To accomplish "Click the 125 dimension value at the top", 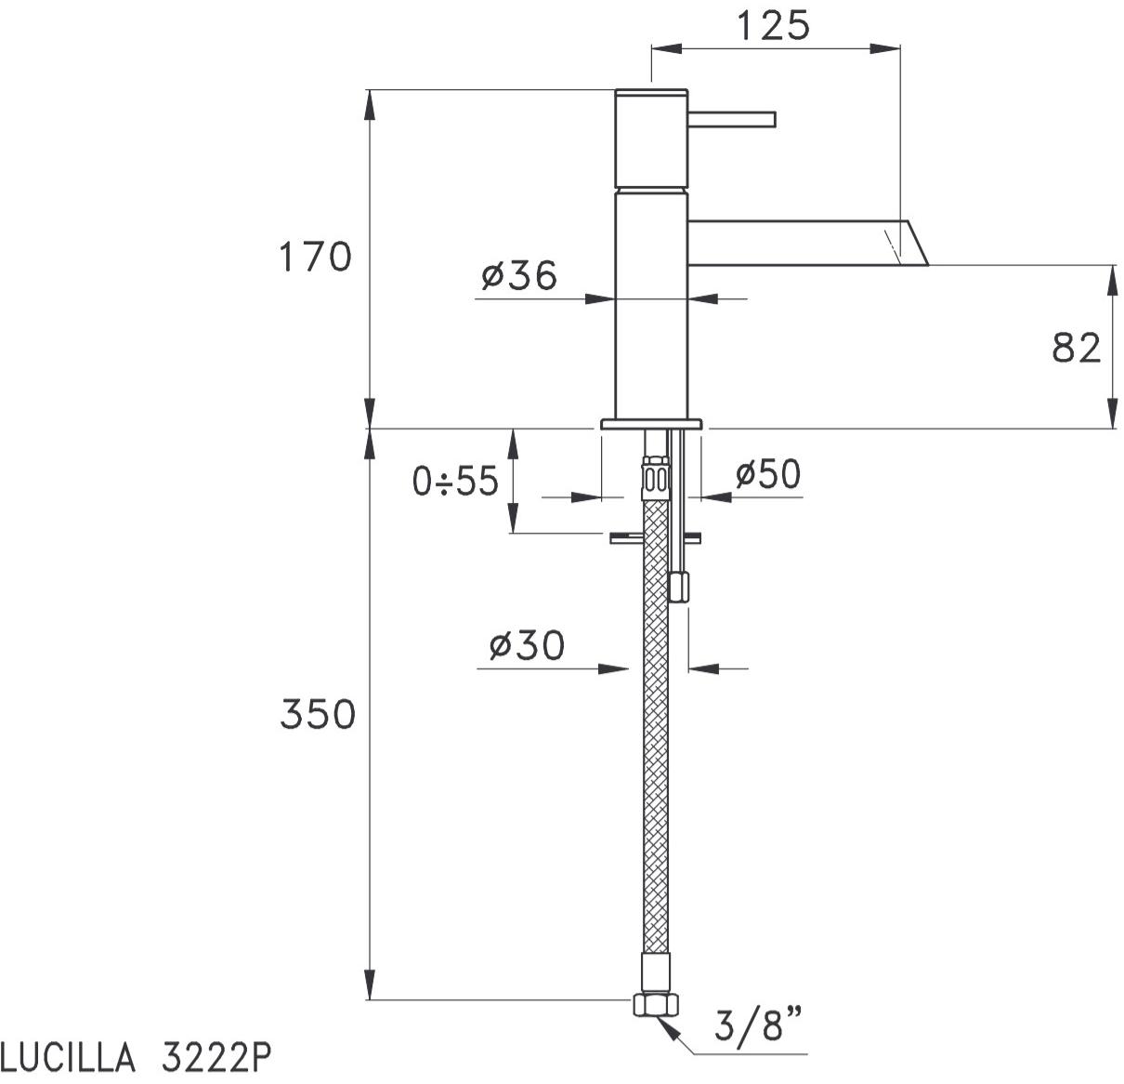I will pos(773,25).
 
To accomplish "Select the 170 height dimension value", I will pos(316,257).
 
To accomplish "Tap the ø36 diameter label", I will pos(519,275).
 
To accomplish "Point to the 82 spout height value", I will pos(1077,348).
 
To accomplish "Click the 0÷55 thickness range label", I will pos(455,481).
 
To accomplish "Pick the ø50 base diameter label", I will pos(767,474).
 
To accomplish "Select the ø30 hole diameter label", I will pos(526,644).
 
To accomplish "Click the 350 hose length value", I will pos(318,714).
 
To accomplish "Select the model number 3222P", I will pos(216,1058).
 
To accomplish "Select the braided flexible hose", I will pos(656,744).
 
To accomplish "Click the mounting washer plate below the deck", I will pos(655,537).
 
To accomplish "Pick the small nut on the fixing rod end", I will pos(679,588).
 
